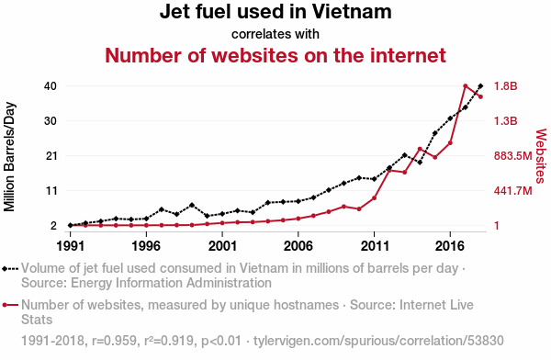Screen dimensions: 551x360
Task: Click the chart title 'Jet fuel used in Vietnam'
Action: (275, 12)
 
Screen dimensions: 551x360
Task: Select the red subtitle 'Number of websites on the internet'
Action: (275, 55)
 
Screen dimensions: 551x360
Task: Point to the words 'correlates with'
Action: (275, 34)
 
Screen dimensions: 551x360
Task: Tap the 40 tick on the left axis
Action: (51, 85)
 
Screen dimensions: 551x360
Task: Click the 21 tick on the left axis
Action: (51, 156)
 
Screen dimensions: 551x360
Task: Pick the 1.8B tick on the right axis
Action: (506, 85)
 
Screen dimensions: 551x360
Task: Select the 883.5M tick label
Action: (513, 156)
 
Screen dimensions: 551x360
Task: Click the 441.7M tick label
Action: (513, 191)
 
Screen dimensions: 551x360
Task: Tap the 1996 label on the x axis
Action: (146, 246)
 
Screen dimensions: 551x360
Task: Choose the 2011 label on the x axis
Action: (375, 246)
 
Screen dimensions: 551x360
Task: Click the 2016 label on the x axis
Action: (450, 246)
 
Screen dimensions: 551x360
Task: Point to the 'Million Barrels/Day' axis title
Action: (9, 157)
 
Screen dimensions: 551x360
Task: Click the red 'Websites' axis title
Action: (541, 156)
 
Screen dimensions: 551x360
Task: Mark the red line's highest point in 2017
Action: (466, 86)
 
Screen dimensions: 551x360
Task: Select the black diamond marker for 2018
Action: (480, 85)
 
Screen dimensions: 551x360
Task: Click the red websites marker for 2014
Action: (420, 149)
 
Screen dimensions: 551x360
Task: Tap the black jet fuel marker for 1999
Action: (192, 205)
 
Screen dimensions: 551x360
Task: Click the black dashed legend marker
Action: (10, 269)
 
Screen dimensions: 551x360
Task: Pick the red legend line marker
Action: (10, 305)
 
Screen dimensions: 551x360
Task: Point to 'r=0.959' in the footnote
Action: (114, 341)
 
